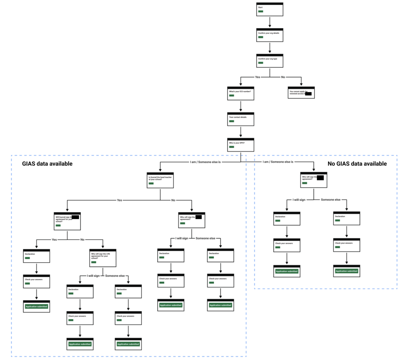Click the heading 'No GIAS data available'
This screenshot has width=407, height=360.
tap(357, 164)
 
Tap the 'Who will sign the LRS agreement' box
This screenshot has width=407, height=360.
tap(103, 259)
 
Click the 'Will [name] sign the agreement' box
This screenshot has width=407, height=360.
tap(67, 221)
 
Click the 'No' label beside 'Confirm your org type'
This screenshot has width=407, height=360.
tap(283, 77)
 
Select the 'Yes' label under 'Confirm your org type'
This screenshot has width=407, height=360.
tap(258, 77)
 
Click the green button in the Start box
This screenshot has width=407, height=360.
tap(261, 12)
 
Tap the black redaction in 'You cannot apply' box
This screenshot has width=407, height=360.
tap(308, 94)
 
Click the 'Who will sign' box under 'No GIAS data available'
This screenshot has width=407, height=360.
tap(314, 180)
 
